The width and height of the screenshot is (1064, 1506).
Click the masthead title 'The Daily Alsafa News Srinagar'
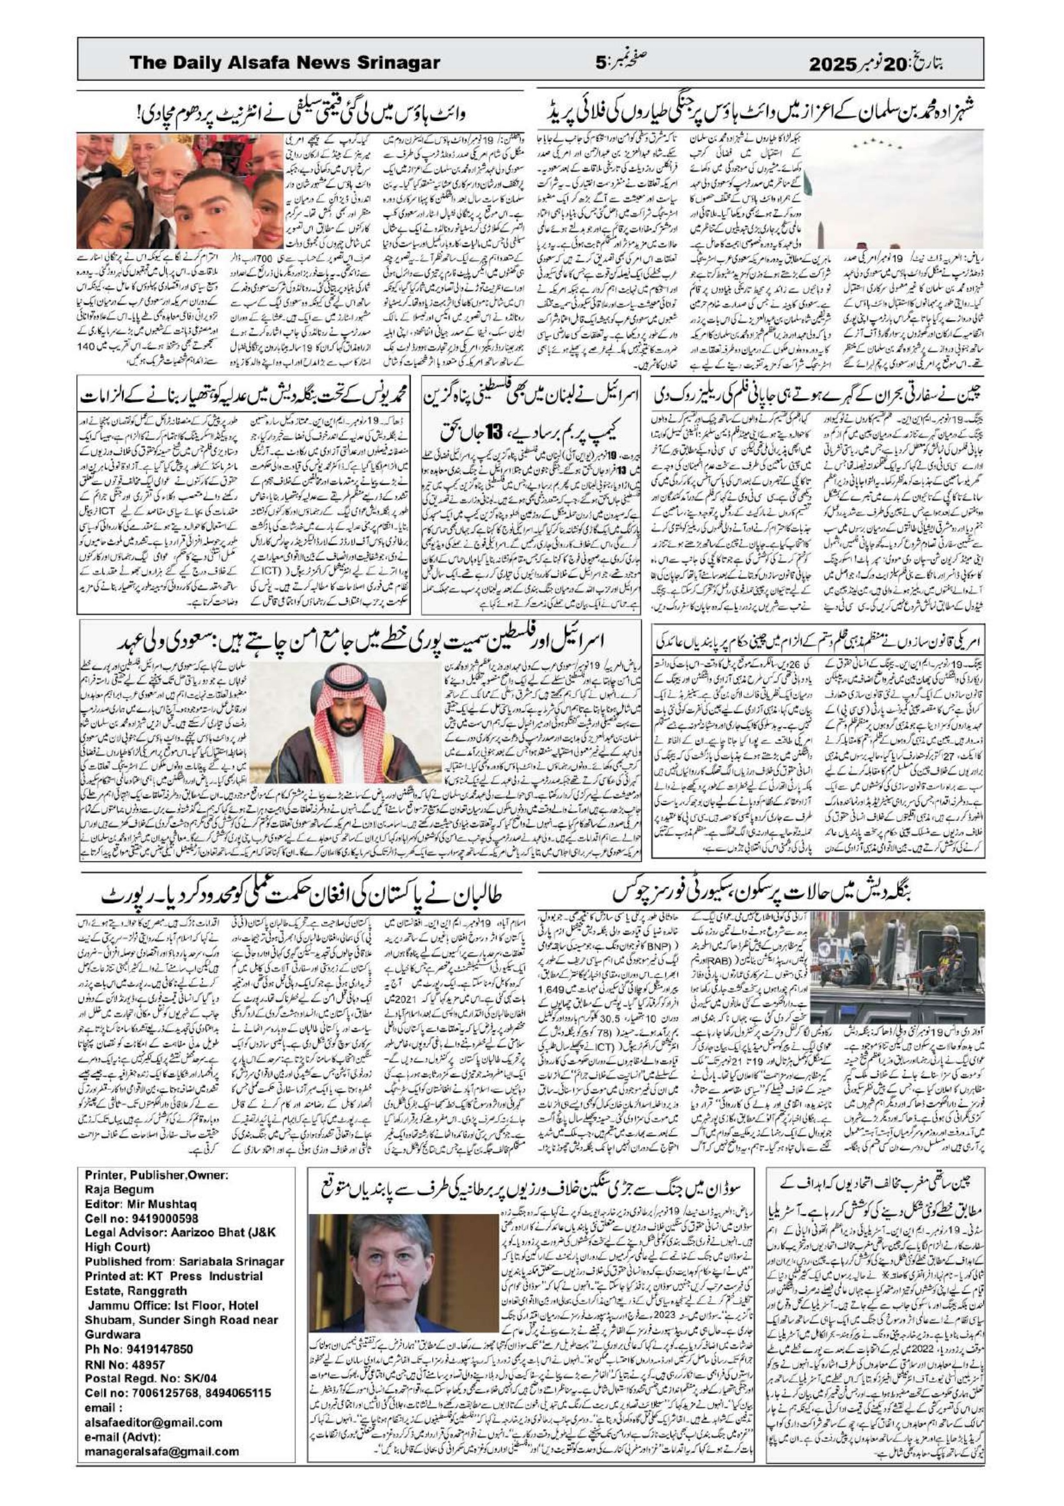click(285, 63)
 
